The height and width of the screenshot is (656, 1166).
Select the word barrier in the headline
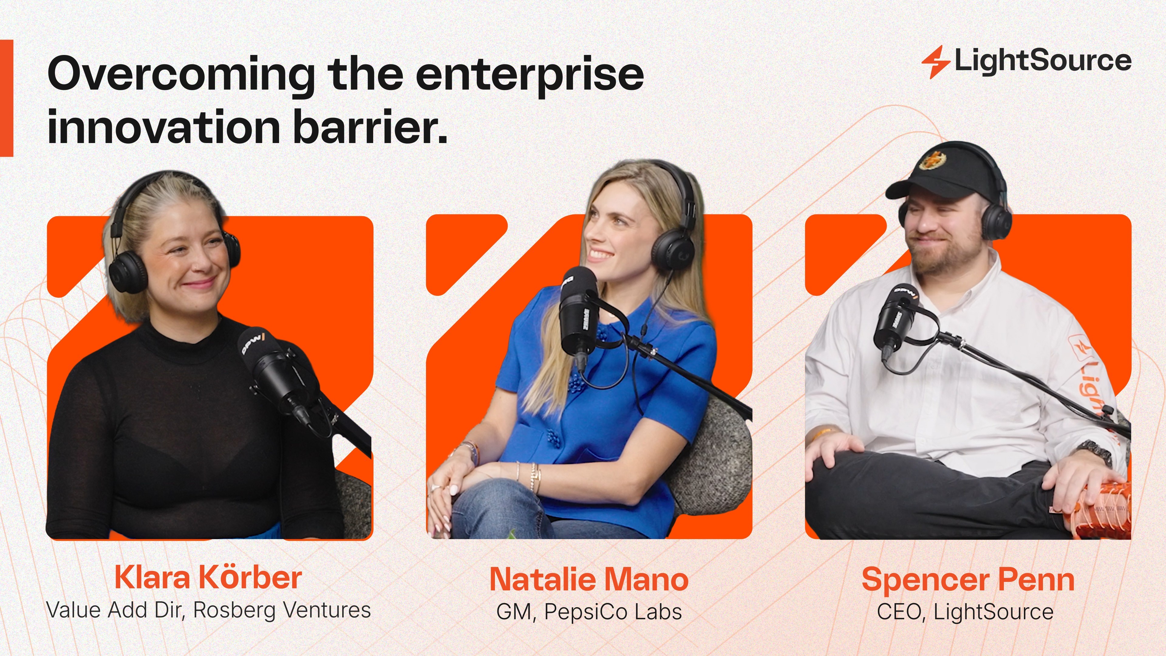click(370, 126)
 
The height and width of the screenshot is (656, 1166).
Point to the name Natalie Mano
click(589, 579)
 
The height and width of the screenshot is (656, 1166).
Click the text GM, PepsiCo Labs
click(589, 612)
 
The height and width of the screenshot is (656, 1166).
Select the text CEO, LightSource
click(965, 612)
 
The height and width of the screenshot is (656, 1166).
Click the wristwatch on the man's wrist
click(1095, 450)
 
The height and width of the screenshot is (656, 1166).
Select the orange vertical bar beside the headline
click(6, 98)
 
